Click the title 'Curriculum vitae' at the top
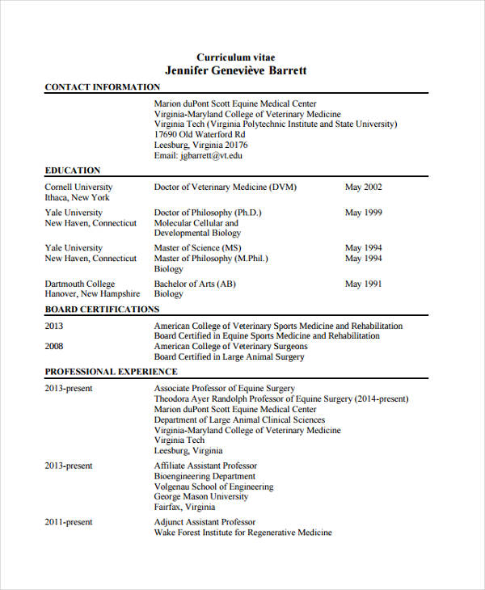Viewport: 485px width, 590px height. tap(236, 57)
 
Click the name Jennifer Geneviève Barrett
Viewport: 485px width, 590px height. tap(236, 71)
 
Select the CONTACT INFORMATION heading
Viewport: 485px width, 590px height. tap(102, 87)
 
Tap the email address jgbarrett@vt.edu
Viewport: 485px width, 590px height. tap(198, 155)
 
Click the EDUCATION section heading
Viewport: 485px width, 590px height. tap(73, 171)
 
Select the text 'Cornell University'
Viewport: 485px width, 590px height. tap(78, 188)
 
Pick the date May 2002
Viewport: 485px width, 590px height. tap(364, 188)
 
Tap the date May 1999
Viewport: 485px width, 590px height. tap(364, 213)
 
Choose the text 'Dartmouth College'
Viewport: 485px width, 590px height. tap(80, 284)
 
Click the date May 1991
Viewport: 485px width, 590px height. tap(364, 284)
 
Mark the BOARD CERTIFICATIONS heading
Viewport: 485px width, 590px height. tap(102, 310)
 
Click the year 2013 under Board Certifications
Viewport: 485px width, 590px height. tap(54, 327)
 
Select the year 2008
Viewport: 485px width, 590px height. tap(54, 346)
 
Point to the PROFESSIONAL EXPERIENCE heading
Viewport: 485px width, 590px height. tap(111, 372)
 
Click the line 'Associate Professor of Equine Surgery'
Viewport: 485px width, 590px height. tap(225, 389)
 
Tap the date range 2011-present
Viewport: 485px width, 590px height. tap(69, 522)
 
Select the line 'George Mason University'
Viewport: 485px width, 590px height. tap(201, 497)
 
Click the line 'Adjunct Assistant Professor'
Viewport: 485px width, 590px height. tap(205, 522)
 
